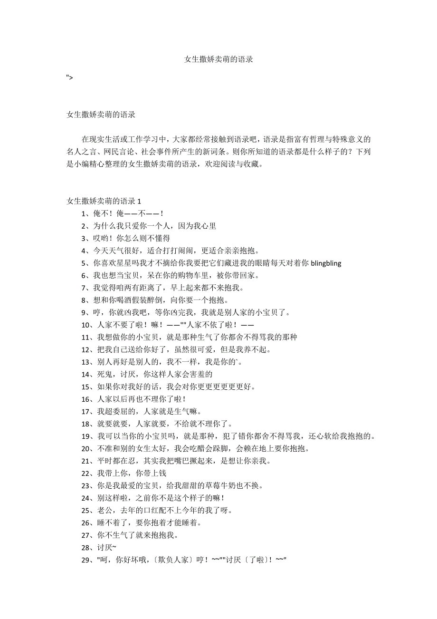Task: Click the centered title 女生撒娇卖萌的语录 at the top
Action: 218,60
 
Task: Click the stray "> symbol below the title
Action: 70,77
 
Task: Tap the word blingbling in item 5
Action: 326,263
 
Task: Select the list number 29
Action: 86,560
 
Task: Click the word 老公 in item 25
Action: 104,510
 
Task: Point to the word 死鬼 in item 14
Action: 104,374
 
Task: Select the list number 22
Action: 86,473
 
